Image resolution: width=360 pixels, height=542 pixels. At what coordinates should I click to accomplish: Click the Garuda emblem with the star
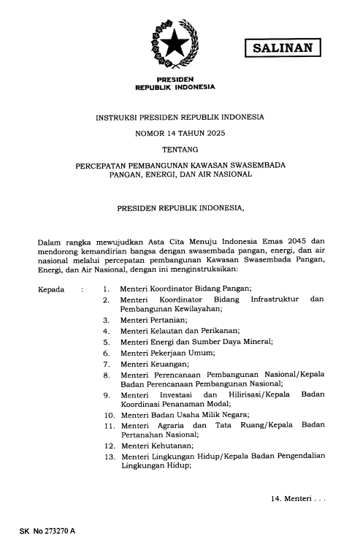click(x=175, y=45)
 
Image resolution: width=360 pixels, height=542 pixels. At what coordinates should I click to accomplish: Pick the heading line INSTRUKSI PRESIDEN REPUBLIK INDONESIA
click(x=180, y=117)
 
